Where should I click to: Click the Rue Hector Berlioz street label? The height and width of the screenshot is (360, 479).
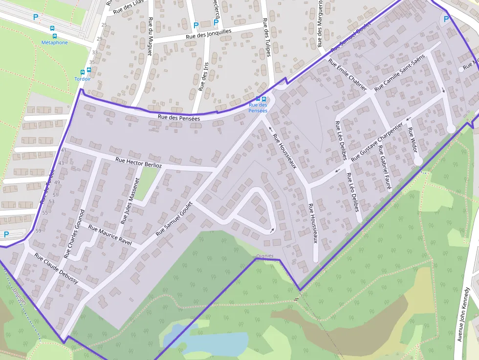138,163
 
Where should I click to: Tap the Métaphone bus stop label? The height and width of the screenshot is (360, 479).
54,42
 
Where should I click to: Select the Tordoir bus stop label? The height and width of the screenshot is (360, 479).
83,79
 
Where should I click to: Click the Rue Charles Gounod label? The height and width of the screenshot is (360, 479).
74,234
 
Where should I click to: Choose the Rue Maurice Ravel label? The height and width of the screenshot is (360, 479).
110,236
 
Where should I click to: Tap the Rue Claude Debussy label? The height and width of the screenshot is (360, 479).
56,268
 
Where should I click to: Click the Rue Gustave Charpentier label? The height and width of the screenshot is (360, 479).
377,140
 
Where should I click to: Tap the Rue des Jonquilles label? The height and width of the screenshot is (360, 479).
208,34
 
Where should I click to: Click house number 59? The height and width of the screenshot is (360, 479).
38,231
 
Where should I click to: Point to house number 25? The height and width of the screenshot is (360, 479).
104,24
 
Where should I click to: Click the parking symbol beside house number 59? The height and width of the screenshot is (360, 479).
6,234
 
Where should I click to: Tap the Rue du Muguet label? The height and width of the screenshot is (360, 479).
150,37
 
